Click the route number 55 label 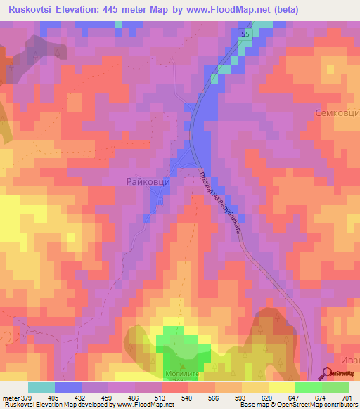(x=245, y=34)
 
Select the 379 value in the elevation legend (x=28, y=398)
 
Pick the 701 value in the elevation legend (x=348, y=398)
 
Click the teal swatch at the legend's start (x=41, y=387)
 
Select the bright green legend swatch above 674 (x=309, y=387)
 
